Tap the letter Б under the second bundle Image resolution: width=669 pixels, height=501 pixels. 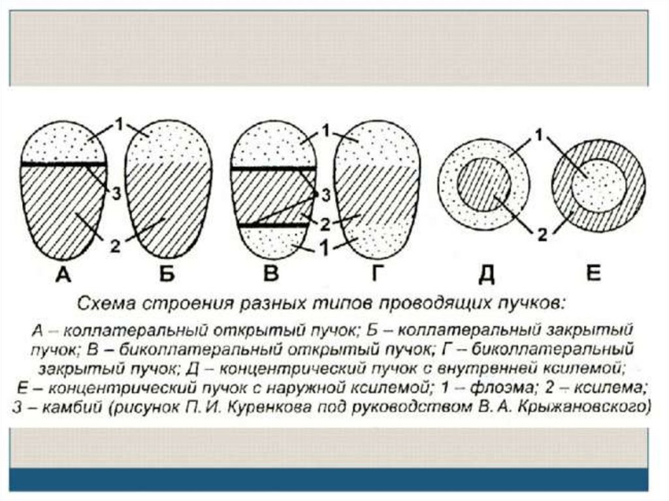point(167,275)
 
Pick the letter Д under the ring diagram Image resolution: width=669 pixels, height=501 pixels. point(485,275)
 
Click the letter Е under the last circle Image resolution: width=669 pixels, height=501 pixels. point(593,274)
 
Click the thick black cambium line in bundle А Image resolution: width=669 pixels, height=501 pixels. point(63,163)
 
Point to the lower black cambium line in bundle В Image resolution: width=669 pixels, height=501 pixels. point(274,225)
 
